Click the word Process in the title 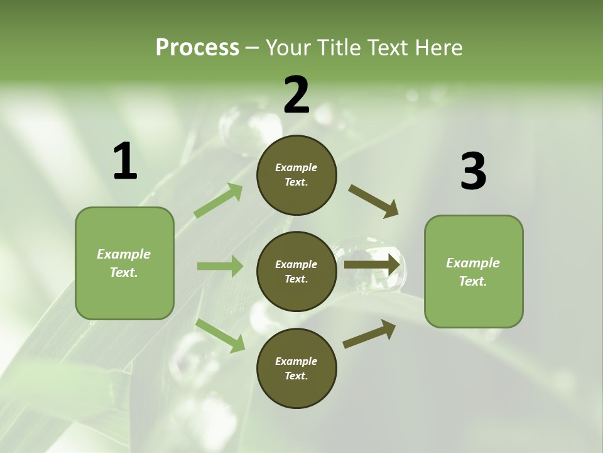coord(197,48)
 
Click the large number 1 coord(125,162)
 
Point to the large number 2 coord(296,96)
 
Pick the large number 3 coord(473,172)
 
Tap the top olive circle coord(296,175)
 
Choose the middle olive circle coord(296,271)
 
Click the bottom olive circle coord(296,368)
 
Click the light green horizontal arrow coord(220,266)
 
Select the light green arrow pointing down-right coord(220,335)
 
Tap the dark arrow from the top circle coord(374,201)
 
